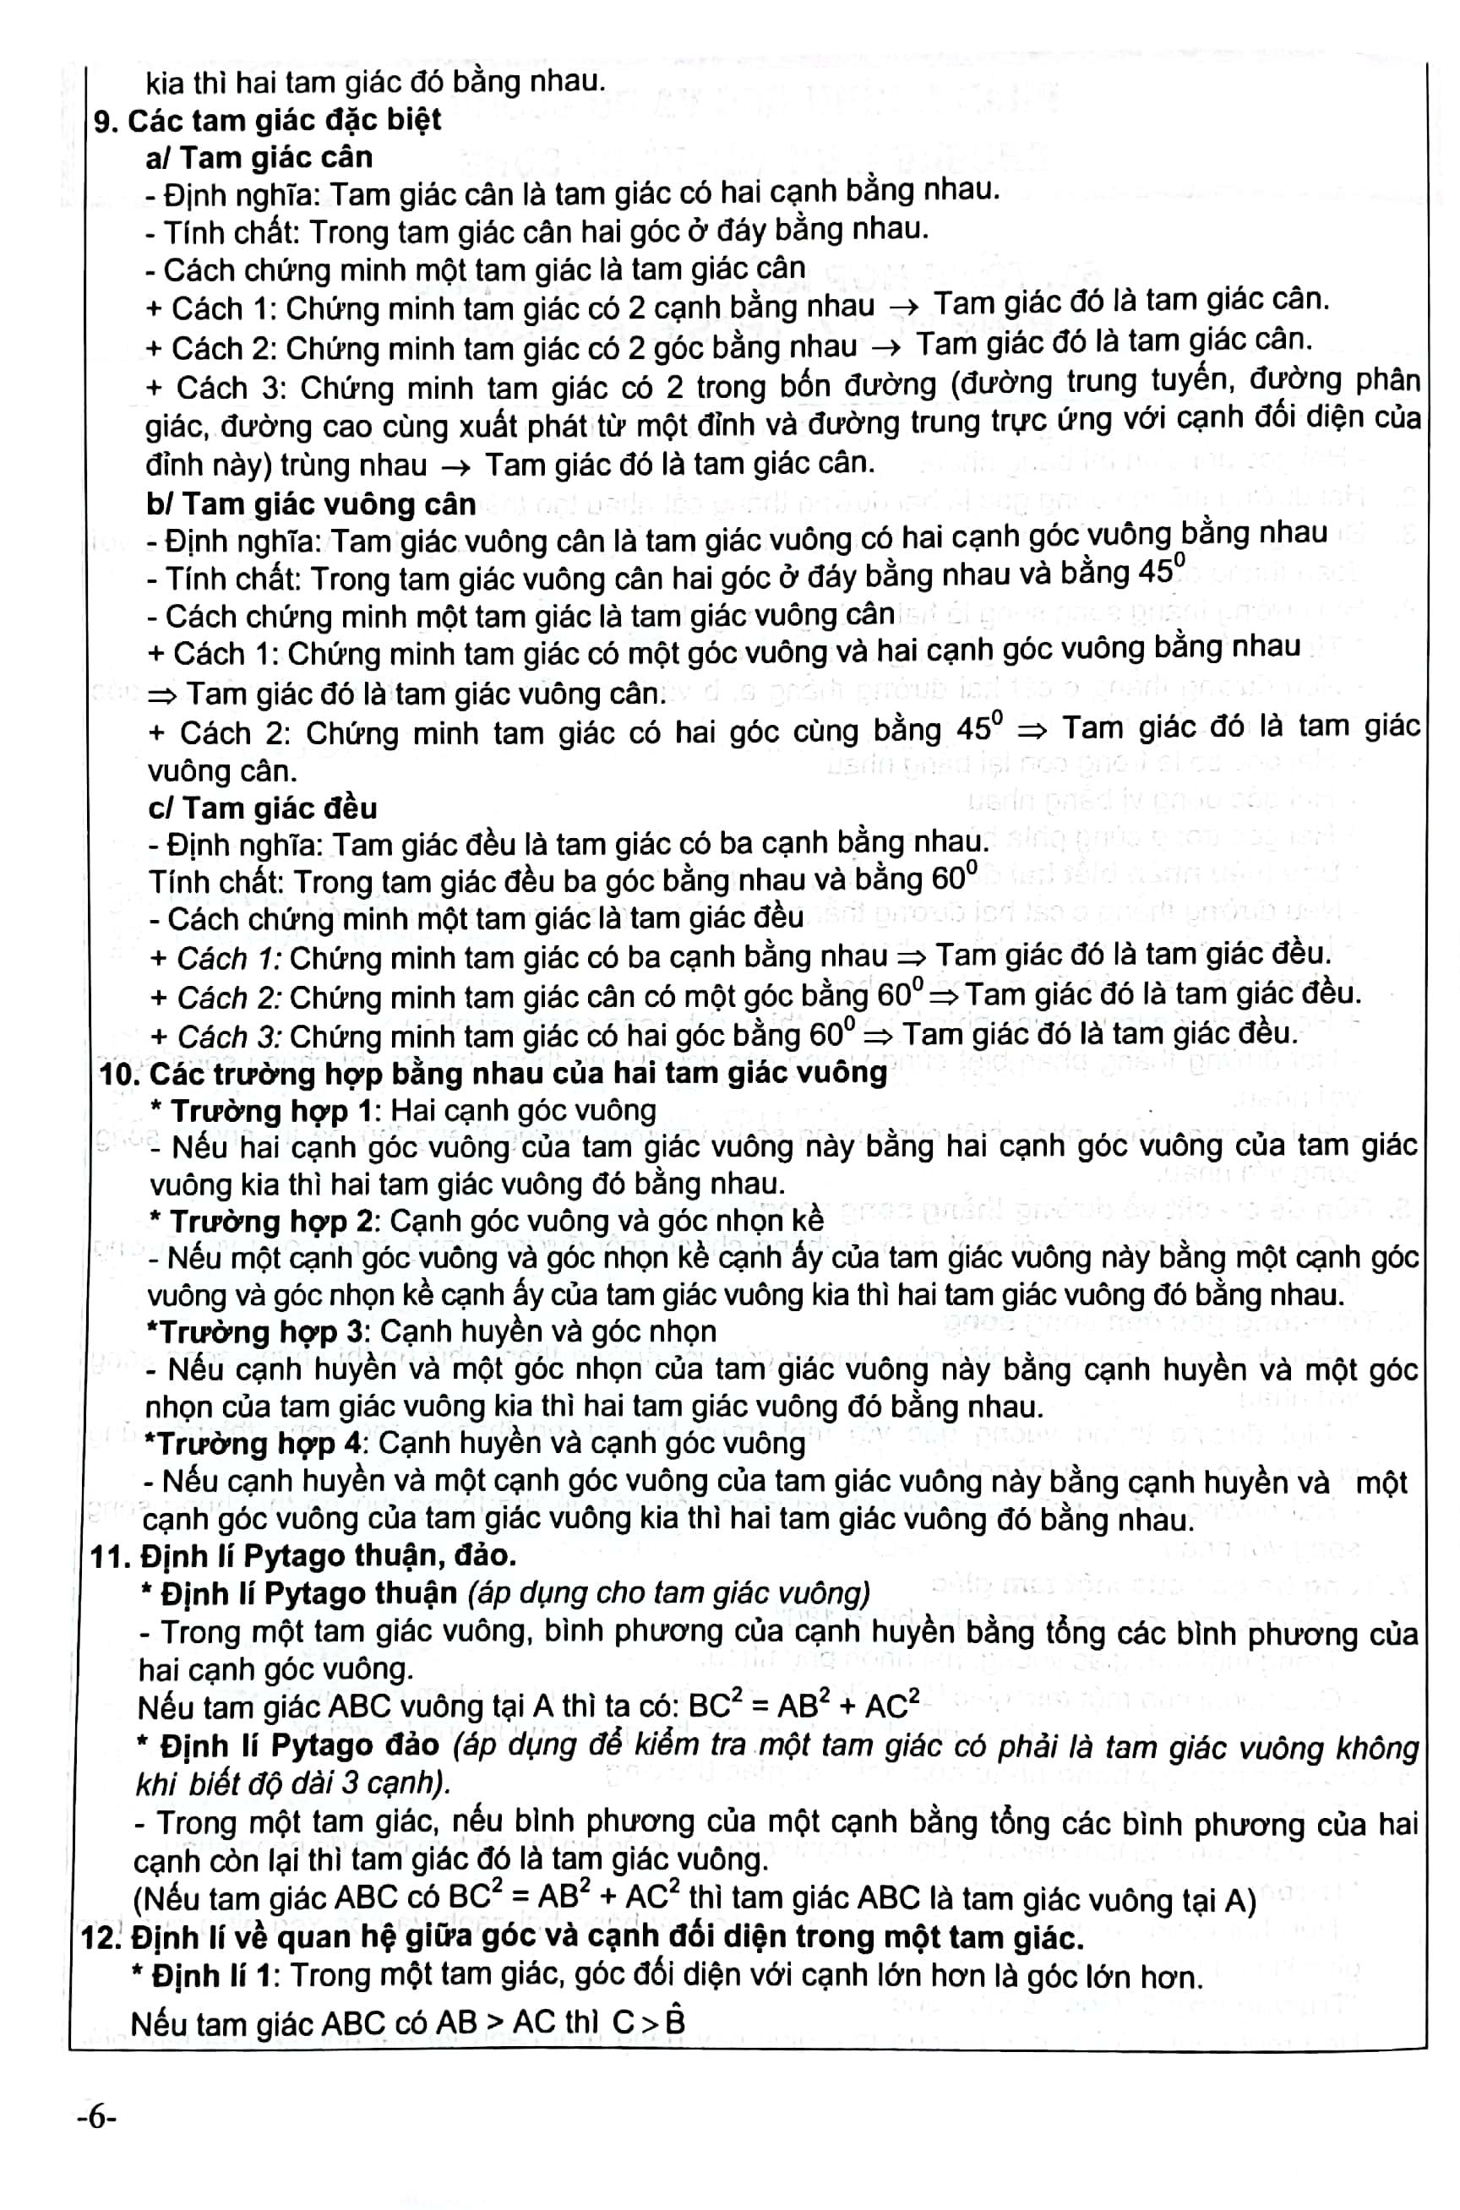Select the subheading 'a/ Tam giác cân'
[x=259, y=157]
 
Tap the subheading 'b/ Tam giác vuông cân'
[x=311, y=504]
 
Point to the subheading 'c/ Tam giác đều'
[x=263, y=807]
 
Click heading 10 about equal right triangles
[x=493, y=1074]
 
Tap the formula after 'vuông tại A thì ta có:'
[x=803, y=1706]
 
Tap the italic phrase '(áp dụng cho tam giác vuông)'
[x=668, y=1594]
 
